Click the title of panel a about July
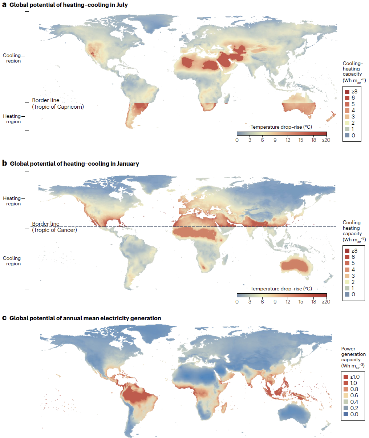(69, 5)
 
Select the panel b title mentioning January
(74, 164)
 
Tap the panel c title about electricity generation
(85, 318)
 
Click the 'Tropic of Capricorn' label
(58, 107)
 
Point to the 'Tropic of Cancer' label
(54, 230)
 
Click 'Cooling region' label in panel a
(12, 58)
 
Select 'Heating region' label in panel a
(12, 119)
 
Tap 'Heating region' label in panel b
(12, 201)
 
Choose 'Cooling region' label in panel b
(12, 261)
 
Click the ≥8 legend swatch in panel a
(347, 92)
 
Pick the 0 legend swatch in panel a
(347, 136)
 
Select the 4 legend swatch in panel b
(347, 269)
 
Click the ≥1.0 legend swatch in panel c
(346, 377)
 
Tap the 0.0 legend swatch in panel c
(346, 414)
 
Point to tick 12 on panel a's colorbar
(288, 140)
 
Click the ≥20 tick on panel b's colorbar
(326, 302)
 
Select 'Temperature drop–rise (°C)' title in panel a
(281, 127)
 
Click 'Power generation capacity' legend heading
(353, 357)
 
